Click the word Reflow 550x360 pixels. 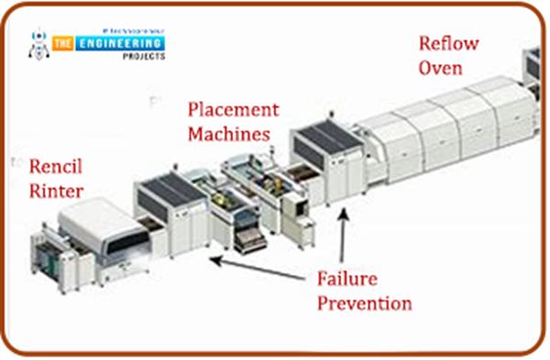click(x=449, y=43)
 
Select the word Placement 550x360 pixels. click(x=233, y=110)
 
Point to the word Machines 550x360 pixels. click(x=229, y=134)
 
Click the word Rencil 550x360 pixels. click(x=57, y=168)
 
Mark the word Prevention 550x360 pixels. click(x=364, y=302)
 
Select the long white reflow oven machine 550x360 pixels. click(x=440, y=137)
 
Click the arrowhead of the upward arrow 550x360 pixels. click(x=344, y=213)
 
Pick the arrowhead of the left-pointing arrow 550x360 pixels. click(x=214, y=261)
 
